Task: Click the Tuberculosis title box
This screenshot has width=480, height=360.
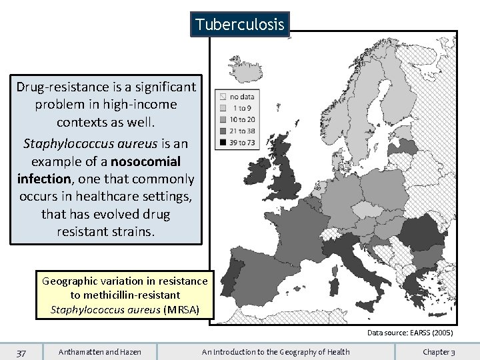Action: pyautogui.click(x=240, y=25)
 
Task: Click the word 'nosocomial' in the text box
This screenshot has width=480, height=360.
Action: pyautogui.click(x=146, y=161)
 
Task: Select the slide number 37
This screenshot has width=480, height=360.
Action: pyautogui.click(x=22, y=351)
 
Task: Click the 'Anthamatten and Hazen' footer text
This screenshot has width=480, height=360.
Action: pyautogui.click(x=99, y=351)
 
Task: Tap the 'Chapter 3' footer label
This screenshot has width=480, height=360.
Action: pyautogui.click(x=439, y=351)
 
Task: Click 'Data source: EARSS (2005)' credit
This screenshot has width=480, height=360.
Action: pyautogui.click(x=410, y=332)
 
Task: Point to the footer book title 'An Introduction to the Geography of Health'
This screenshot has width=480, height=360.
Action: pyautogui.click(x=275, y=351)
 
